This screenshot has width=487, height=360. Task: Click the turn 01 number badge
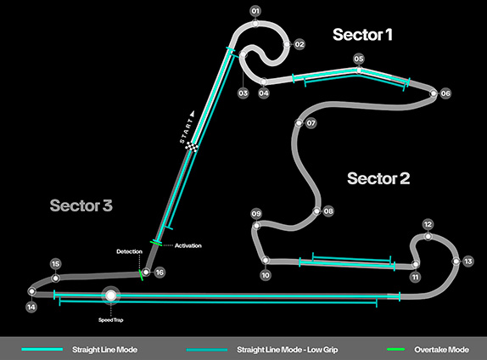[255, 12]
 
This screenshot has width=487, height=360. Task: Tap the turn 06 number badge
[445, 93]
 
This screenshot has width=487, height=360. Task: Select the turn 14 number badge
[31, 307]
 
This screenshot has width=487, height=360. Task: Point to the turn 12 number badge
[428, 224]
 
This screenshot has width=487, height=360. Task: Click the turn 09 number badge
[256, 214]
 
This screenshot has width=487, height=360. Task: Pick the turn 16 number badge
[160, 273]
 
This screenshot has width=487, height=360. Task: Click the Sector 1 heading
[362, 35]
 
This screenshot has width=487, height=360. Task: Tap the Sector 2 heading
[378, 178]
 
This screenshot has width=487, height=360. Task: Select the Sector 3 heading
[81, 205]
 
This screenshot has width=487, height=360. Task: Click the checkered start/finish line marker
[192, 147]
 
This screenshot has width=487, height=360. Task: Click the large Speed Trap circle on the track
[110, 295]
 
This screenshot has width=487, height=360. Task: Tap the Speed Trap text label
[110, 320]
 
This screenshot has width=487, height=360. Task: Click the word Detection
[129, 251]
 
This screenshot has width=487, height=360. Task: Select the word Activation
[188, 245]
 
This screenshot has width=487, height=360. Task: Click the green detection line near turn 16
[141, 275]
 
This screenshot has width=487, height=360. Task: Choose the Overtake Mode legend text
[441, 350]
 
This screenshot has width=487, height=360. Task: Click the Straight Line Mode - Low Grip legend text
[288, 350]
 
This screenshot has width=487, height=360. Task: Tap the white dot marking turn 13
[456, 262]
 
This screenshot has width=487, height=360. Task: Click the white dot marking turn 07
[299, 123]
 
